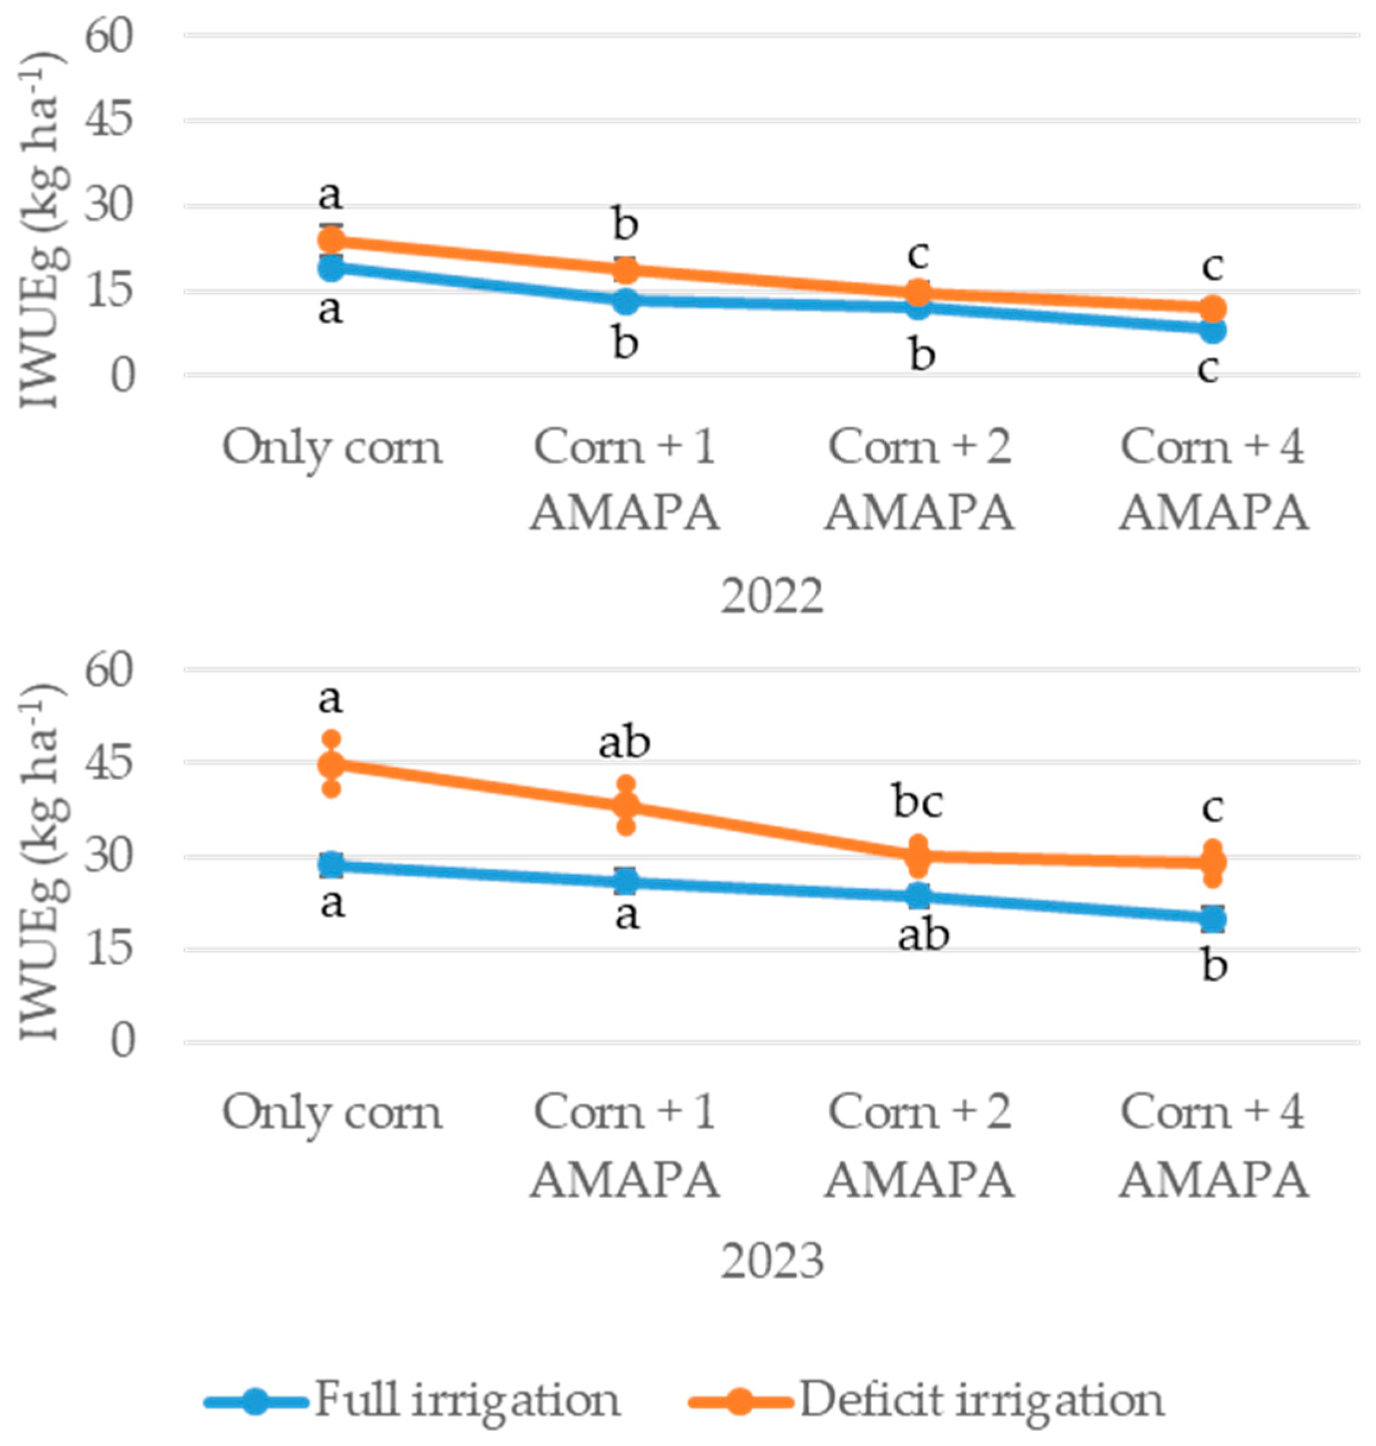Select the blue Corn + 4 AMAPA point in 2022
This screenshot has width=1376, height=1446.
[1213, 331]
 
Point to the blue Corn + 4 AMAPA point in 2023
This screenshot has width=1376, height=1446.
[1213, 919]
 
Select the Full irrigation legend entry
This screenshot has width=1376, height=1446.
[413, 1400]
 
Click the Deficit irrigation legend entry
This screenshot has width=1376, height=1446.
[927, 1400]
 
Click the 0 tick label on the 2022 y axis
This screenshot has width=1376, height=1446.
[122, 376]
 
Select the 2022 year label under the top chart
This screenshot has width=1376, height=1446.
[772, 596]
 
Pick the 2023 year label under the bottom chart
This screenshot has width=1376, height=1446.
[772, 1262]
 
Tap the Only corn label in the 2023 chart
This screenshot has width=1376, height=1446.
[332, 1113]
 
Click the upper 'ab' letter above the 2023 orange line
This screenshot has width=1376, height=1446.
[625, 742]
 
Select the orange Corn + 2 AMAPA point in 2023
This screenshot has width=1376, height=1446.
[918, 855]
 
